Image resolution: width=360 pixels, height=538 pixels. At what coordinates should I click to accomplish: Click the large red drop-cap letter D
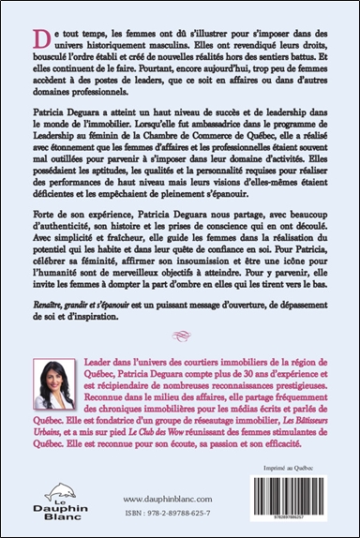(x=37, y=37)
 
